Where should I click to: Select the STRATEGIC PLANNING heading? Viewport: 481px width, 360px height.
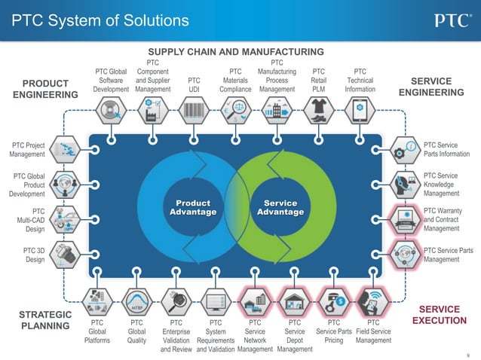pos(44,321)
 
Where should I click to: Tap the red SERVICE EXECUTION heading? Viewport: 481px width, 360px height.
pos(439,316)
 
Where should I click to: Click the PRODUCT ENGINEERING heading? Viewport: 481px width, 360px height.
pos(44,89)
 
